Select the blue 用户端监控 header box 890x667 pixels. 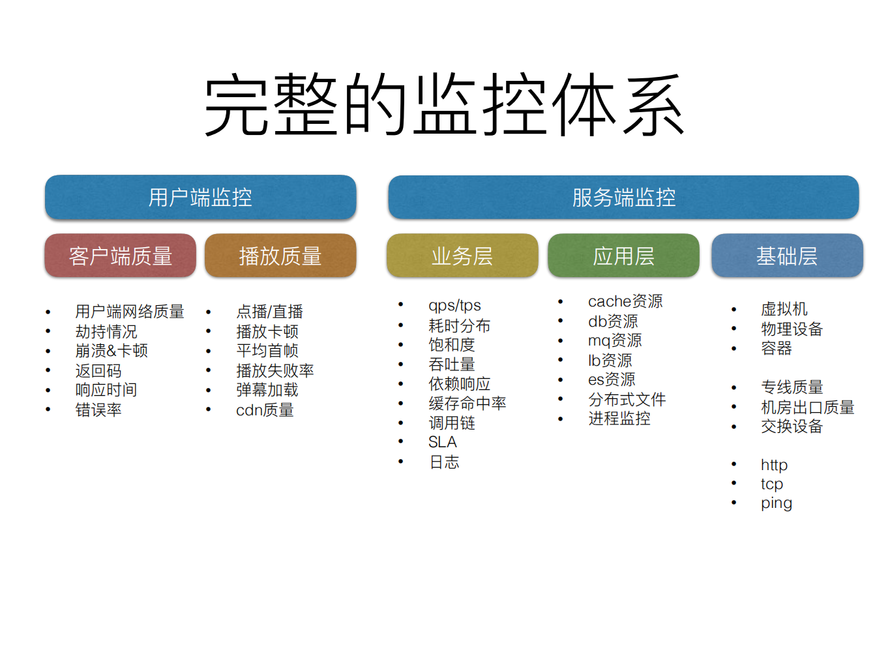tap(200, 197)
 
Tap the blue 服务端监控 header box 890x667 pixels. tap(623, 197)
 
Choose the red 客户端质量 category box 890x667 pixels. tap(121, 256)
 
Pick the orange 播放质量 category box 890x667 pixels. tap(280, 256)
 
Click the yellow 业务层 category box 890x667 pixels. tap(462, 256)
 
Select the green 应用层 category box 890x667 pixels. tap(623, 256)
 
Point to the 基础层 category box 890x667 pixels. tap(787, 256)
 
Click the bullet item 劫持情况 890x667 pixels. tap(106, 332)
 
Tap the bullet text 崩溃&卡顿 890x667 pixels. tap(111, 351)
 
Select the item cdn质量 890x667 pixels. tap(265, 410)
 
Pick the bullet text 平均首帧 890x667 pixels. tap(267, 351)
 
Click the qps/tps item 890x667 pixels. tap(454, 305)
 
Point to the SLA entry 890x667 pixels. tap(443, 442)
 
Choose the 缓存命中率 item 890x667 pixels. tap(467, 404)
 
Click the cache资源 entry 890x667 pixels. tap(625, 301)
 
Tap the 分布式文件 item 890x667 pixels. tap(627, 399)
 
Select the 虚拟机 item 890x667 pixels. tap(784, 309)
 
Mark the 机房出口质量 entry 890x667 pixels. tap(807, 408)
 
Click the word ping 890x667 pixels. tap(776, 503)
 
